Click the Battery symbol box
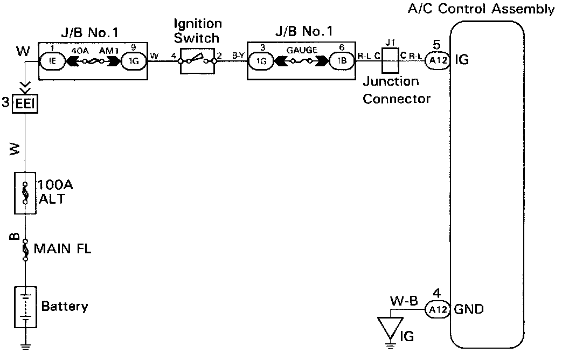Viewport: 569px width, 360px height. (x=25, y=307)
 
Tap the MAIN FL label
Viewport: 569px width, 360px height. (x=63, y=249)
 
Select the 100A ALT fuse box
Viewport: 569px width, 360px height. (x=25, y=192)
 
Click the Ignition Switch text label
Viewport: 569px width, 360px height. (x=197, y=31)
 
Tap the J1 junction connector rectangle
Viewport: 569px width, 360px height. (x=389, y=60)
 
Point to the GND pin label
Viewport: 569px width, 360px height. (x=469, y=310)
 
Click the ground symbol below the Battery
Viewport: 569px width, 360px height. (x=25, y=345)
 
